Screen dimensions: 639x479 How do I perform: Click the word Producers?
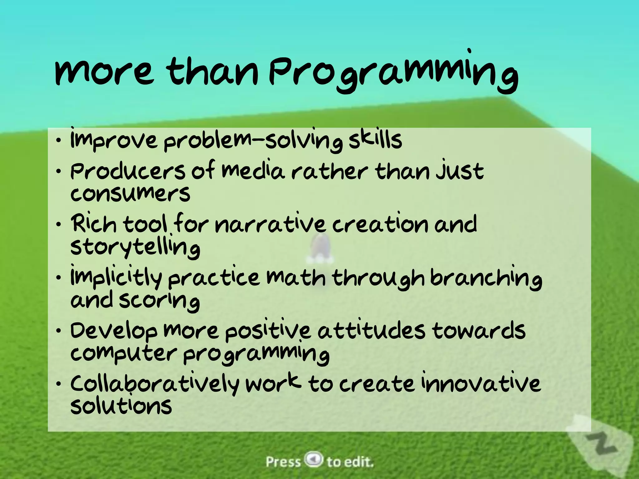pos(128,172)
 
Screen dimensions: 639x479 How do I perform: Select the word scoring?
pos(159,301)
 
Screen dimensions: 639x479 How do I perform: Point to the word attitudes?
pos(371,331)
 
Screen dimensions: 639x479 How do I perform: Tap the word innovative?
pos(480,384)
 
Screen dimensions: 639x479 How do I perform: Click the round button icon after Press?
pos(314,459)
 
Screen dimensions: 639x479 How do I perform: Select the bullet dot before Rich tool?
pos(59,225)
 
